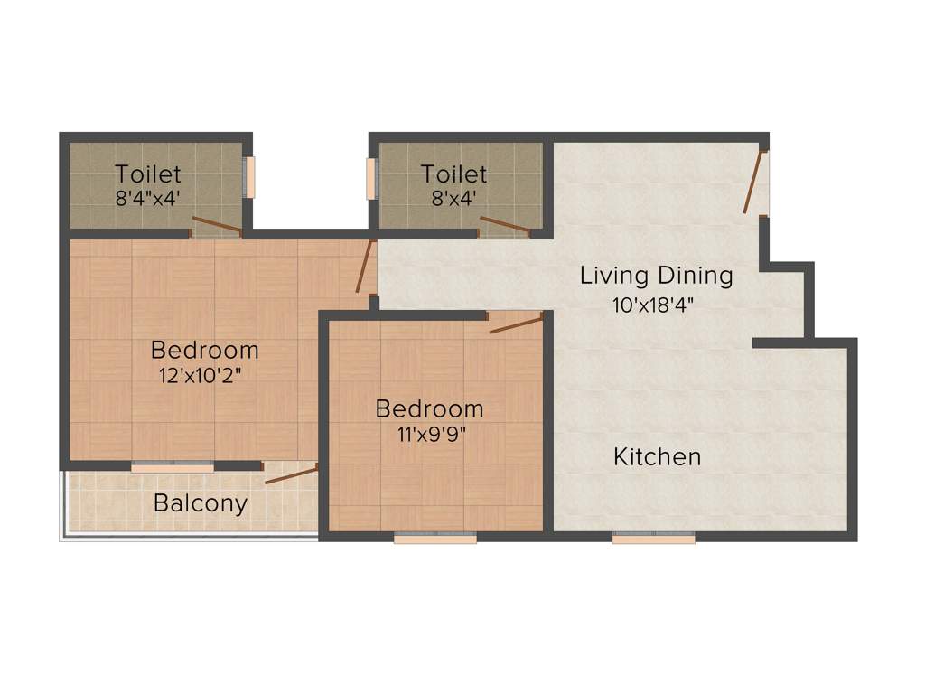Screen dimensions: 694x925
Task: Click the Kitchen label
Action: (657, 456)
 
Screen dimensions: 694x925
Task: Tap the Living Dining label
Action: (656, 275)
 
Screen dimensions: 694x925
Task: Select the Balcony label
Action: (201, 503)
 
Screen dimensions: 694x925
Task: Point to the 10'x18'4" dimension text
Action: (657, 305)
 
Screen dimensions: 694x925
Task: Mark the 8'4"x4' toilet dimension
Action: (149, 198)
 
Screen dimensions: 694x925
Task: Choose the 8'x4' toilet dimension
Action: (453, 198)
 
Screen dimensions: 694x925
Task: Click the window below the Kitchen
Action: (654, 539)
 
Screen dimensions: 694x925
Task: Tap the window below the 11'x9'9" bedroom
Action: (435, 539)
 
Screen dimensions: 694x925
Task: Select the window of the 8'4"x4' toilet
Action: (250, 177)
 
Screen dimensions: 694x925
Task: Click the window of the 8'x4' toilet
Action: (370, 179)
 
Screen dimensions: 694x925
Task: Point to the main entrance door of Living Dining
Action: (752, 183)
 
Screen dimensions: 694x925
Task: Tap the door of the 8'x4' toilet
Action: (505, 225)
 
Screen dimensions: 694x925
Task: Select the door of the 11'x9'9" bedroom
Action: (516, 324)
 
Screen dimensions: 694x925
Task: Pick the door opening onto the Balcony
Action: (291, 474)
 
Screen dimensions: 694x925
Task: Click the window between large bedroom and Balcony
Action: (173, 467)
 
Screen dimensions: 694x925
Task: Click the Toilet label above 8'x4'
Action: (453, 173)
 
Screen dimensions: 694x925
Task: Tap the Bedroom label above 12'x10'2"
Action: (205, 349)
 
